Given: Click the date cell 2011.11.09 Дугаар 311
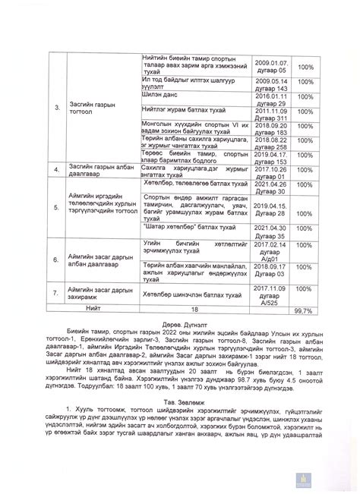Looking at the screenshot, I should (271, 115).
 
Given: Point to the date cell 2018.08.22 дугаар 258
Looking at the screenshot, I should (271, 145).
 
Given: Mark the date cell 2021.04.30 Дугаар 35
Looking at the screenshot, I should (271, 231).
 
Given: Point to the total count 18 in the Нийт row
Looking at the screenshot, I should (194, 310).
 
